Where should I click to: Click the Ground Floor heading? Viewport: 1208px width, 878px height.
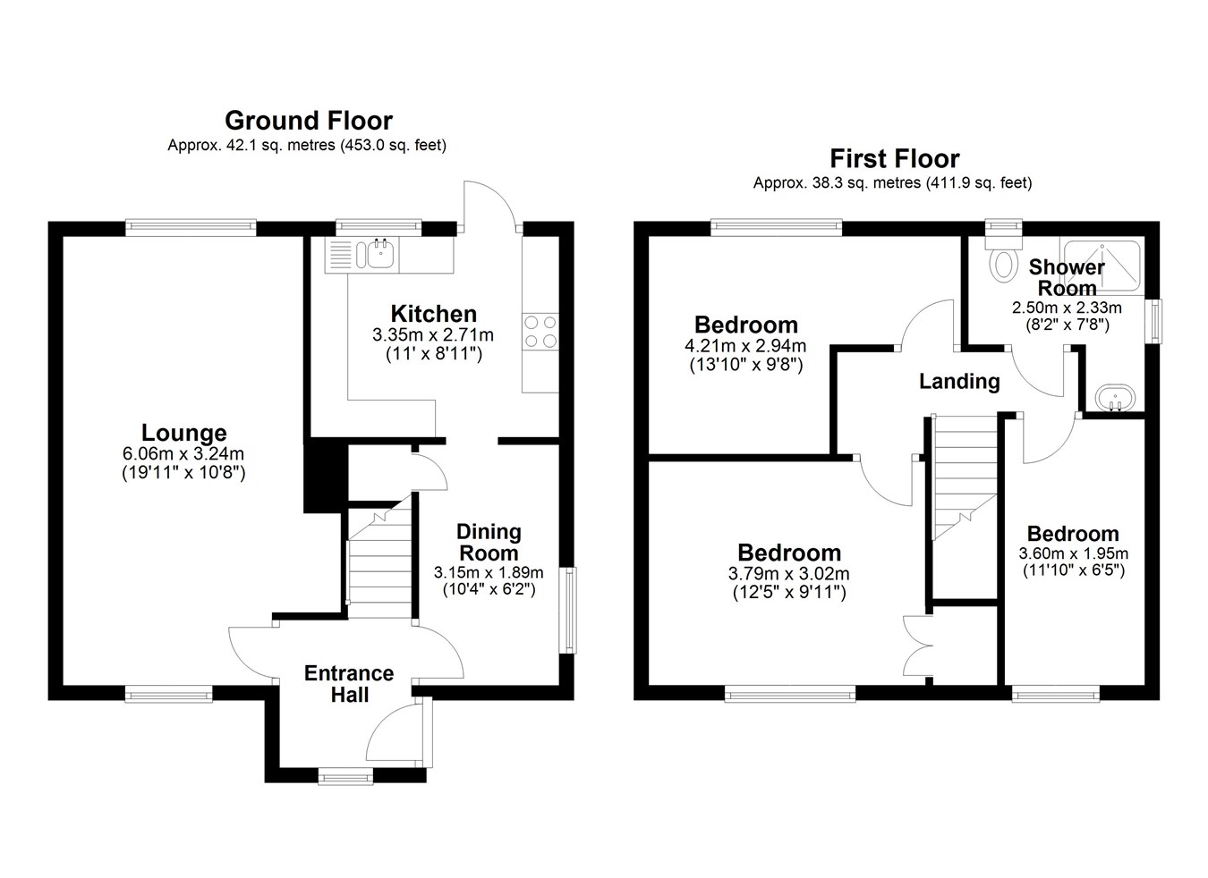pos(308,121)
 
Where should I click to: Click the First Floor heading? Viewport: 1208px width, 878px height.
pos(894,159)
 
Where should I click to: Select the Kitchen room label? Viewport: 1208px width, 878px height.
pos(433,314)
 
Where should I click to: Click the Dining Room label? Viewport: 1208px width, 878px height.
pos(489,542)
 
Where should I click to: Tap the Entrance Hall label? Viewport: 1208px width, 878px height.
pos(349,684)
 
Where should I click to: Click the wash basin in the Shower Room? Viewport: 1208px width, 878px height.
pos(1114,398)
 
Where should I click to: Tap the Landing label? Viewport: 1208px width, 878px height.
pos(959,382)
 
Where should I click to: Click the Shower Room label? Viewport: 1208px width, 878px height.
pos(1067,277)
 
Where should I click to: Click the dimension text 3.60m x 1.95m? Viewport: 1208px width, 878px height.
pos(1073,553)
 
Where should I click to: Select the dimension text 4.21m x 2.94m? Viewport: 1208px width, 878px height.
pos(746,346)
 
